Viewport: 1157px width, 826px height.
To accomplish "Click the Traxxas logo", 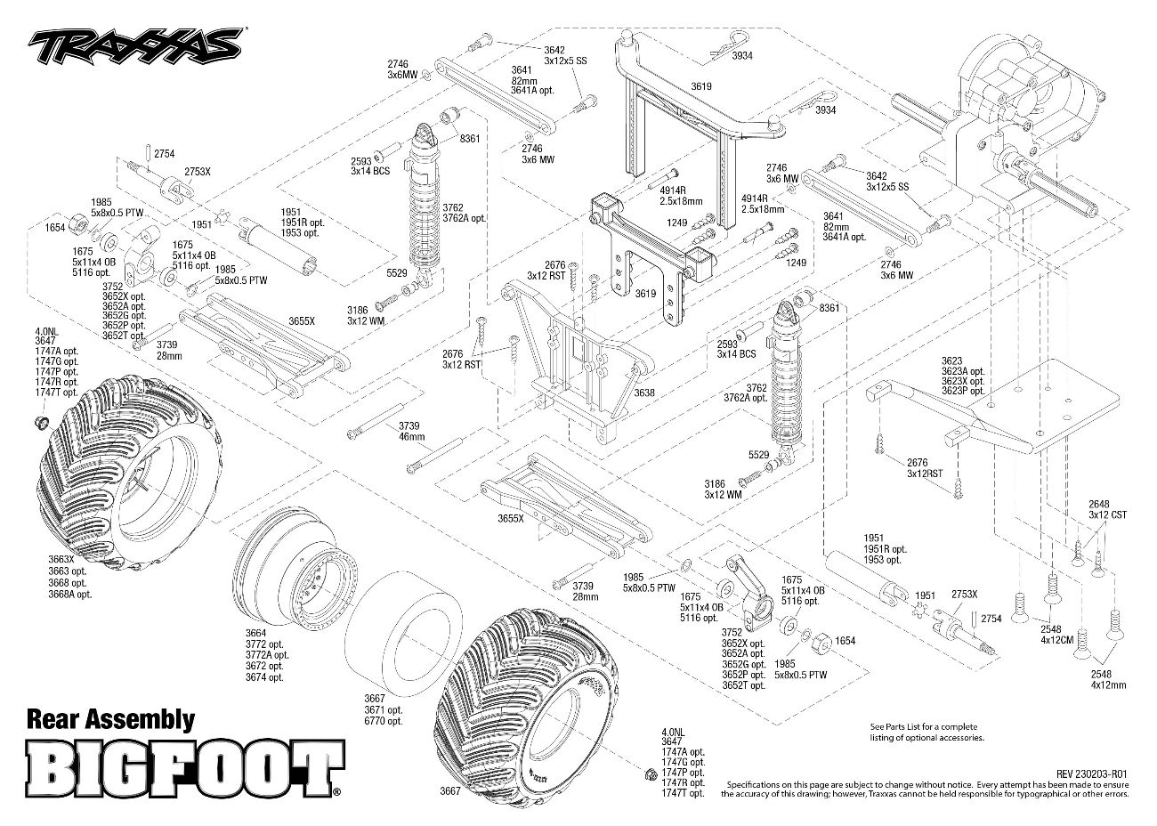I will coord(135,44).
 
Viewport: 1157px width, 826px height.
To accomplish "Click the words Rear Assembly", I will coord(111,719).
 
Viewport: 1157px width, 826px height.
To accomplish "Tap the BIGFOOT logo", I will coord(184,766).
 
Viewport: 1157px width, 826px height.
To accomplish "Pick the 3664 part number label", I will coord(257,633).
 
